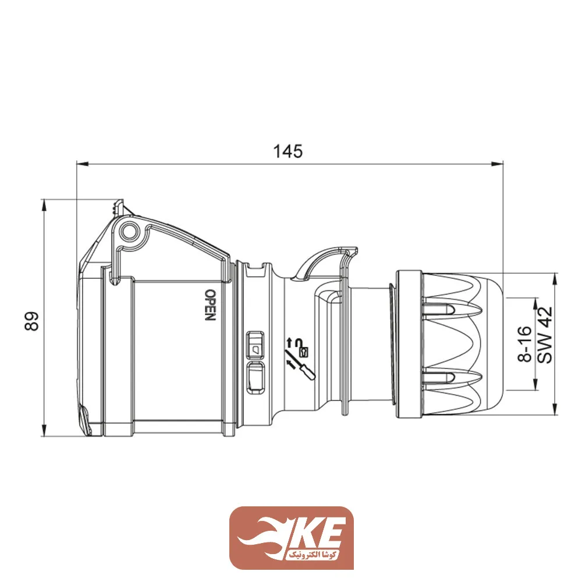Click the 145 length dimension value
[x=288, y=151]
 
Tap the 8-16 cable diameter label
[x=526, y=345]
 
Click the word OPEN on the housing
[x=210, y=304]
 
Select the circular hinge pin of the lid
[x=128, y=232]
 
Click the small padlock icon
[x=303, y=352]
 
